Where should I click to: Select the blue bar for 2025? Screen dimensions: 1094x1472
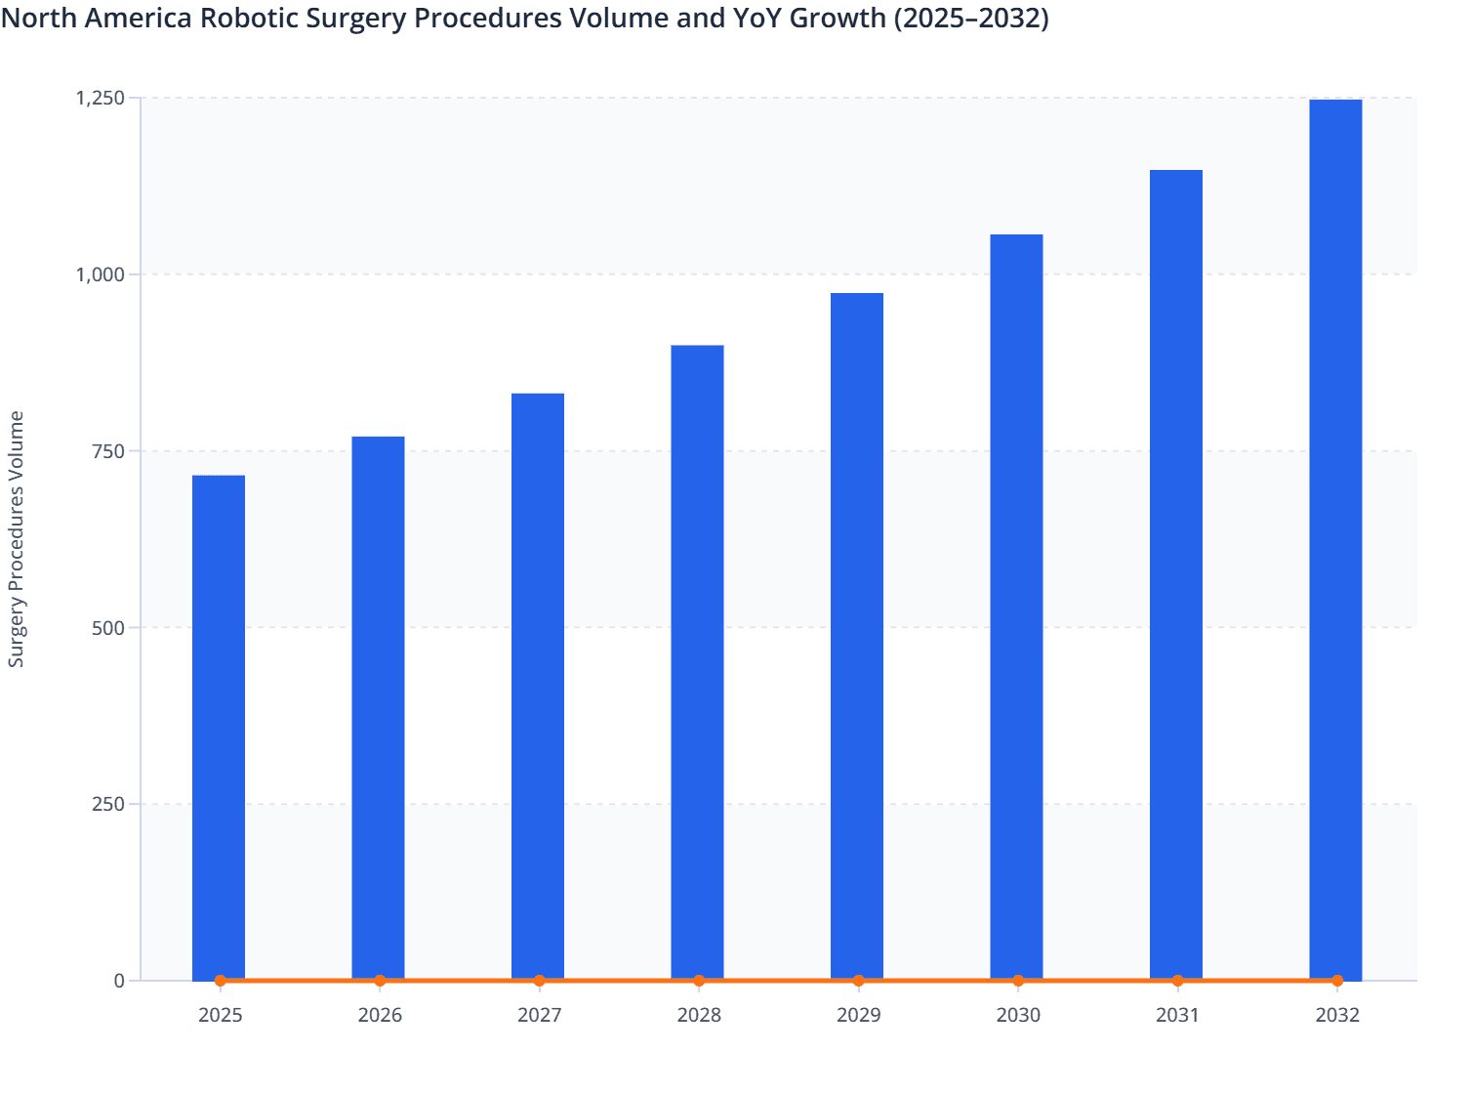pos(219,727)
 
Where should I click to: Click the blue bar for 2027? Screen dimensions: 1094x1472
pos(538,686)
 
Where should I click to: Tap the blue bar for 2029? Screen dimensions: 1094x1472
pos(857,636)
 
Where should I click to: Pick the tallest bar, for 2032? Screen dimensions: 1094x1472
pos(1335,539)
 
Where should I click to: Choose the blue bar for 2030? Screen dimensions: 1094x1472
pos(1016,607)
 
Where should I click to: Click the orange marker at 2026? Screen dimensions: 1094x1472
pos(380,981)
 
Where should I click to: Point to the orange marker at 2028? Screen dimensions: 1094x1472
pos(699,981)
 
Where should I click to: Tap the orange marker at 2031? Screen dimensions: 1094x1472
pos(1177,981)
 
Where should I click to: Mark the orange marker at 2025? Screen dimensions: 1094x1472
pos(221,981)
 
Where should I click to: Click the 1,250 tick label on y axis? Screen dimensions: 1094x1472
pos(101,98)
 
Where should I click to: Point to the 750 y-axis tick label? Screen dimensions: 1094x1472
pos(109,451)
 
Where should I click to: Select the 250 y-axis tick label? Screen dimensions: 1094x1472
pos(109,804)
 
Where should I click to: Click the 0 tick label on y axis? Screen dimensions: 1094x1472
pos(119,981)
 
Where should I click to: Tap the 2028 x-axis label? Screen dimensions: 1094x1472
pos(699,1015)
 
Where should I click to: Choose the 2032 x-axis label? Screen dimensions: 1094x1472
pos(1337,1015)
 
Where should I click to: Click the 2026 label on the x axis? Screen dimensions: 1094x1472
pos(380,1015)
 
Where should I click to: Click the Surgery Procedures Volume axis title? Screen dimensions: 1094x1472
pos(17,539)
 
